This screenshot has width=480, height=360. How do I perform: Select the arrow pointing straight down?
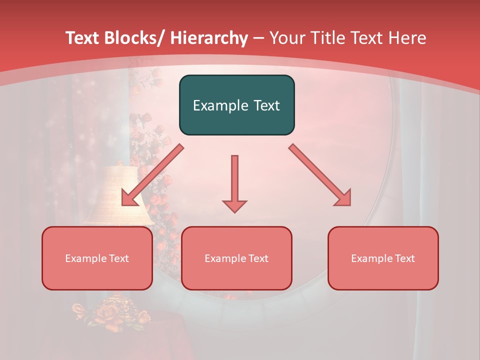click(x=234, y=183)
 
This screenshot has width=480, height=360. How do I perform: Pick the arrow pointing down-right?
click(x=320, y=174)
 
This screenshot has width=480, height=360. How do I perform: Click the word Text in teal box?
click(x=266, y=105)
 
